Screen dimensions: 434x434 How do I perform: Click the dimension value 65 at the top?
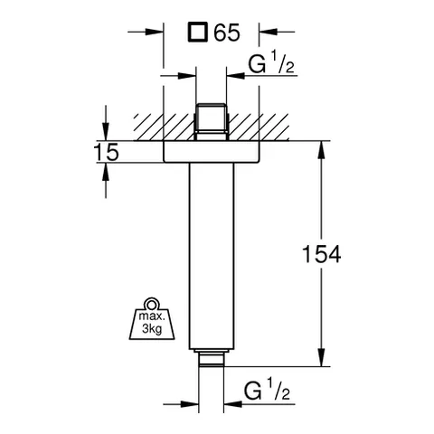(228, 33)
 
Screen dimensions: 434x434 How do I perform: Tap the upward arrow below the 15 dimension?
(106, 169)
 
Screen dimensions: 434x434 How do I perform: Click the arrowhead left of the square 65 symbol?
(156, 33)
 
